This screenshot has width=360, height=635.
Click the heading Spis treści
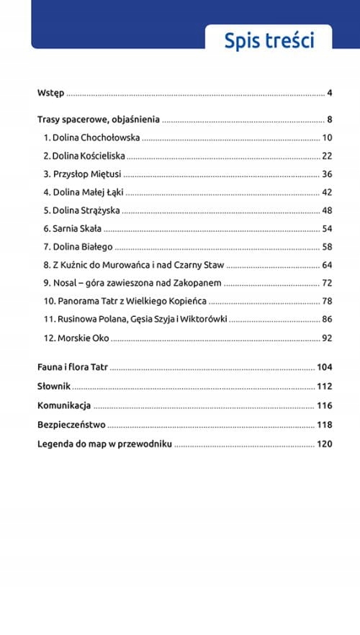coord(269,40)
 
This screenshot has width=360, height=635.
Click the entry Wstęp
coord(50,94)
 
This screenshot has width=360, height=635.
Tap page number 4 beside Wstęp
coord(328,94)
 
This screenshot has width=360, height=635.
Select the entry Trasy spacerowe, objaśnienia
coord(98,120)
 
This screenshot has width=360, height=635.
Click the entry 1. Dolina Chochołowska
coord(91,138)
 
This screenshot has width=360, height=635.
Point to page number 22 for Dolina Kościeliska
coord(326,156)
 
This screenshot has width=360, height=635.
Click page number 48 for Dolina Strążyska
coord(326,211)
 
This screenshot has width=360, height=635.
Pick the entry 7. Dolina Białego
coord(77,247)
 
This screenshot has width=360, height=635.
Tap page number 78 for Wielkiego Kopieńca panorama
coord(326,302)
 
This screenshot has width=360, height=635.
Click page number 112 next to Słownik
coord(324,387)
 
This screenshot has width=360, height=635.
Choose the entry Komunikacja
coord(63,405)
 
